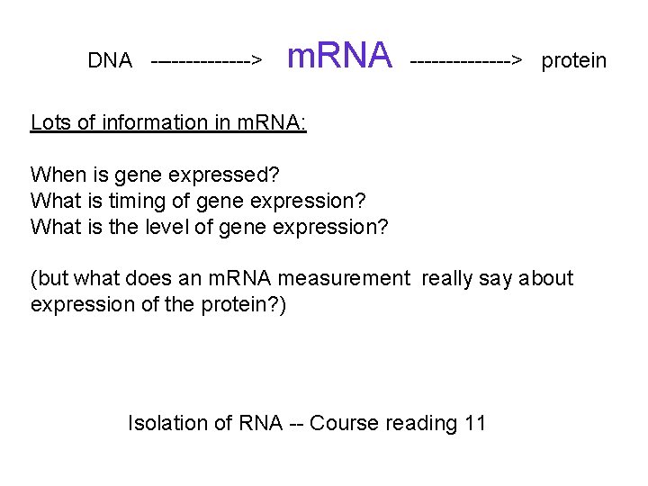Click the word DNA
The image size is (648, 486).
(110, 61)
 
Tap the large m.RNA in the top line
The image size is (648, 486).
(339, 56)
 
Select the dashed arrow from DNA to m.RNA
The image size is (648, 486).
(207, 61)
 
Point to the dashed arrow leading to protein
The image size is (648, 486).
(466, 61)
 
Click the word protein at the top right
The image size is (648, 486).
(574, 61)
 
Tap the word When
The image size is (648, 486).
(57, 175)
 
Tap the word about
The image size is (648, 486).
(545, 278)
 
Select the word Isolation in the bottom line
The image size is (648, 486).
(166, 422)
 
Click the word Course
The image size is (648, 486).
(344, 422)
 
